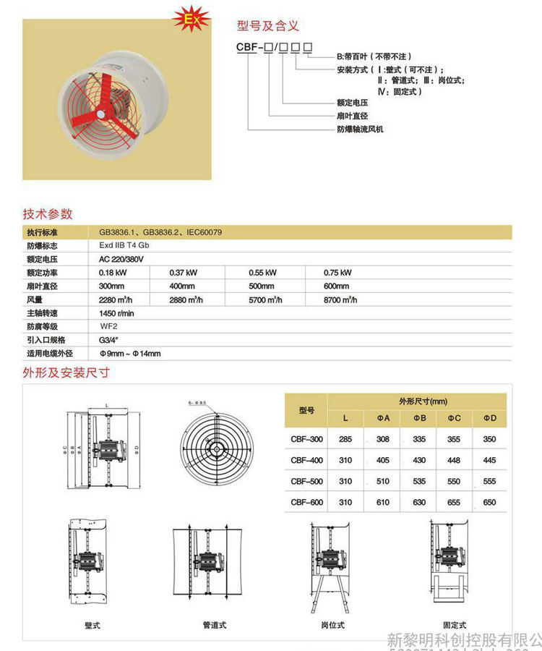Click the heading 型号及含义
pyautogui.click(x=268, y=26)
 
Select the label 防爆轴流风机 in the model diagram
pyautogui.click(x=361, y=129)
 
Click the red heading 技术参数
pyautogui.click(x=48, y=214)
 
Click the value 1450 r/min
pyautogui.click(x=116, y=313)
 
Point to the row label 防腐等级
pyautogui.click(x=41, y=327)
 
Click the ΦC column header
pyautogui.click(x=454, y=418)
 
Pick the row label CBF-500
pyautogui.click(x=306, y=481)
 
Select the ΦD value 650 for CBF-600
pyautogui.click(x=489, y=502)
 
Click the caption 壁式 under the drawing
pyautogui.click(x=93, y=624)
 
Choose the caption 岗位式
pyautogui.click(x=332, y=624)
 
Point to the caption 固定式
pyautogui.click(x=455, y=624)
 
